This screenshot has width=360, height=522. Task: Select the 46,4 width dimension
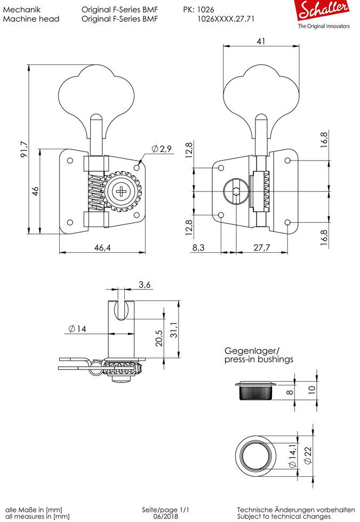[x=102, y=247]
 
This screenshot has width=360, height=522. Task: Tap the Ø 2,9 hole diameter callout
[x=161, y=149]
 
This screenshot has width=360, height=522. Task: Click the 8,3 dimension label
[x=198, y=247]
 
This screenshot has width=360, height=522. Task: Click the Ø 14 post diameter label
[x=77, y=329]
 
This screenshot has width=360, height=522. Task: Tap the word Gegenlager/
[x=252, y=351]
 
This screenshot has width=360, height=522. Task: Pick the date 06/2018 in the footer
[x=166, y=517]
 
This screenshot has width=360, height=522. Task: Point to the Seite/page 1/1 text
[x=166, y=510]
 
